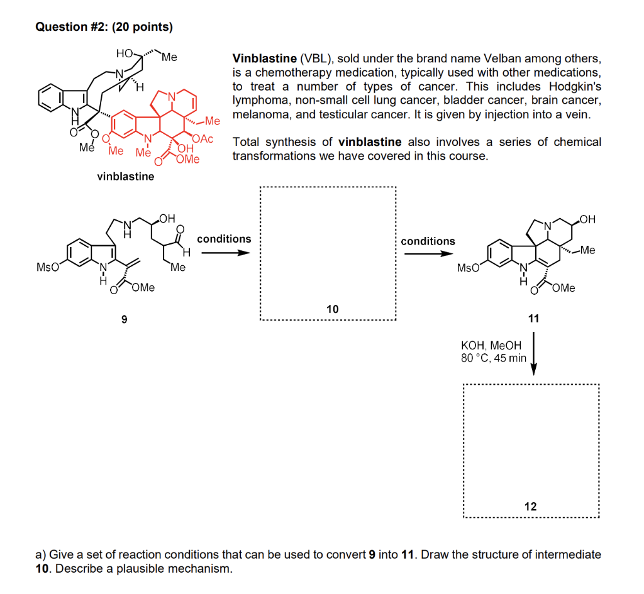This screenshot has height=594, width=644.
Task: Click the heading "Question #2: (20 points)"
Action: [x=104, y=26]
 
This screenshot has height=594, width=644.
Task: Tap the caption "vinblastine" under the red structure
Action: [x=125, y=177]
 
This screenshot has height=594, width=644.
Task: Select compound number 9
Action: [x=124, y=320]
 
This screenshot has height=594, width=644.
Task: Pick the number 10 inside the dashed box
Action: [x=332, y=309]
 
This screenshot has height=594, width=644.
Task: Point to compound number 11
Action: [x=533, y=319]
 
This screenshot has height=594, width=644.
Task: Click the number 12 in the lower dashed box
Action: [x=531, y=506]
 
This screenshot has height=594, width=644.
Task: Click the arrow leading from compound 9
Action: [x=222, y=253]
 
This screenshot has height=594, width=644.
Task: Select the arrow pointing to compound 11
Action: [x=428, y=254]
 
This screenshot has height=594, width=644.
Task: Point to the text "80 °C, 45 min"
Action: [x=494, y=358]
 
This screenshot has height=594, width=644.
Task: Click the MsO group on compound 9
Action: [x=48, y=267]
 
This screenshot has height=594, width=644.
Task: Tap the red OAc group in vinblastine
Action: [x=204, y=139]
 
